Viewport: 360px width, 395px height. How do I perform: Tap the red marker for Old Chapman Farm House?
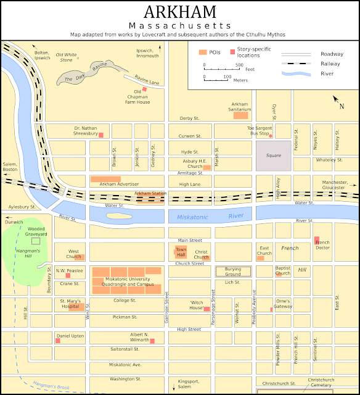145,89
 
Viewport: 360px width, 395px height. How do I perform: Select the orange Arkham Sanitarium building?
240,115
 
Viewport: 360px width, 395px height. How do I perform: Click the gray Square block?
273,153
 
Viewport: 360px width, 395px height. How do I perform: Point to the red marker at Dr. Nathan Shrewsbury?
101,135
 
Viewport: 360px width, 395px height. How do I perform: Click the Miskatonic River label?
210,217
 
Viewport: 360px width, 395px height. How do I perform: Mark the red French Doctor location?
317,240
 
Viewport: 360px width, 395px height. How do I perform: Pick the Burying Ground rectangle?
232,272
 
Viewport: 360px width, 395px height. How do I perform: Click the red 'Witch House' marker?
207,309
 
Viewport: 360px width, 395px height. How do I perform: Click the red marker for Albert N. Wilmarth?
152,340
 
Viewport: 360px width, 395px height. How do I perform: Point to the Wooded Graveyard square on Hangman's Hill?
35,241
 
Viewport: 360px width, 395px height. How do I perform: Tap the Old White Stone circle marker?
78,59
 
